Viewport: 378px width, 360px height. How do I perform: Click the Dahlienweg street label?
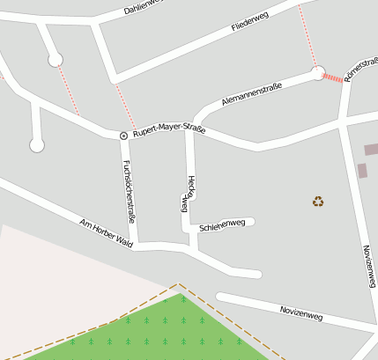coord(143,5)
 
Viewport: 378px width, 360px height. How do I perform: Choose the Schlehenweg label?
coord(222,225)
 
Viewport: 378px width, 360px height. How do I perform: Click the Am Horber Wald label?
coord(106,231)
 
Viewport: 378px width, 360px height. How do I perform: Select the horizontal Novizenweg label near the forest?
coord(301,313)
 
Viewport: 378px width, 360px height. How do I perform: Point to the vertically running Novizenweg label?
coord(368,265)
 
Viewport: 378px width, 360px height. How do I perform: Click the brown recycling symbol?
coord(318,202)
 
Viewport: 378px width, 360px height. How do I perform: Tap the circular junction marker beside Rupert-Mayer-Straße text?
coord(123,135)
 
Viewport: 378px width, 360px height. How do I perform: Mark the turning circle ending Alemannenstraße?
coord(318,73)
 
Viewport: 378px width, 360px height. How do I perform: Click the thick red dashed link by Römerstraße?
coord(333,78)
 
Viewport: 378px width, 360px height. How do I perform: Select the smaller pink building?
coord(362,170)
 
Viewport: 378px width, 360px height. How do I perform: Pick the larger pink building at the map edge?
coord(371,150)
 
